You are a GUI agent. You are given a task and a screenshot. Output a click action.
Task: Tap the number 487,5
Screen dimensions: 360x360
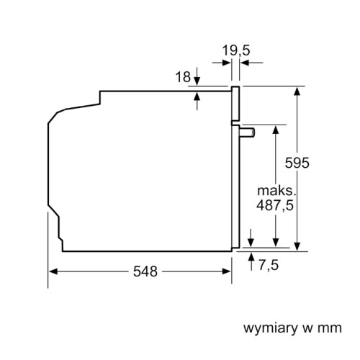pos(275,205)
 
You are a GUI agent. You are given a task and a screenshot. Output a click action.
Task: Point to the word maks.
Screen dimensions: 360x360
pos(276,191)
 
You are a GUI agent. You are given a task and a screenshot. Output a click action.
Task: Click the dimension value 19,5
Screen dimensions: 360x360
pos(235,50)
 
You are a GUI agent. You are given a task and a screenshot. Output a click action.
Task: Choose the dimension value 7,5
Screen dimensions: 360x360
pos(267,266)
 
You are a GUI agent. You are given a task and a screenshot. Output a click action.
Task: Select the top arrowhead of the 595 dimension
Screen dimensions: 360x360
pos(296,91)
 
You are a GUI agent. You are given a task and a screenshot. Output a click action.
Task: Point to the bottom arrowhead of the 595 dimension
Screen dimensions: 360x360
pos(296,247)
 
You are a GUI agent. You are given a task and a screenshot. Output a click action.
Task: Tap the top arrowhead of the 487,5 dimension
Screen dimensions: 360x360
pos(275,128)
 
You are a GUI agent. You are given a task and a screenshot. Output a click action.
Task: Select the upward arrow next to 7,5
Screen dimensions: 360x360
pos(250,256)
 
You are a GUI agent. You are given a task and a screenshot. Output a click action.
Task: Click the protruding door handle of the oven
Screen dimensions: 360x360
pos(246,132)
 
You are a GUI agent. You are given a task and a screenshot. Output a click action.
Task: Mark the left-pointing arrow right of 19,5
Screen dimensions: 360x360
pos(244,63)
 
